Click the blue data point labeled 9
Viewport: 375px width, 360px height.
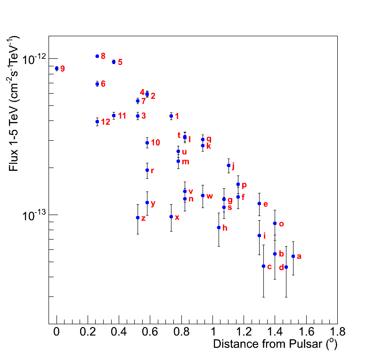click(57, 68)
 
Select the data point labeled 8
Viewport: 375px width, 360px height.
click(97, 56)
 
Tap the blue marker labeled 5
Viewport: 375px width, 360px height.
click(114, 62)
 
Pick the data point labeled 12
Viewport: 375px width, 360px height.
click(97, 121)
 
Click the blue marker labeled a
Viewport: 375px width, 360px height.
click(293, 256)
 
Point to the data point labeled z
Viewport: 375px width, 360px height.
click(138, 217)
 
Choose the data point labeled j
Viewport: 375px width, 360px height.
click(228, 165)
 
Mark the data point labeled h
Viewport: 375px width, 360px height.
click(219, 227)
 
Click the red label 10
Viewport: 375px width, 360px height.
click(155, 143)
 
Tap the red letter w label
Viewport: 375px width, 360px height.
click(210, 196)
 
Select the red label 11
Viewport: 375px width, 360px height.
click(122, 116)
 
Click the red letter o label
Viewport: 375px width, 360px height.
click(281, 224)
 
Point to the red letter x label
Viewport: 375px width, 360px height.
click(177, 217)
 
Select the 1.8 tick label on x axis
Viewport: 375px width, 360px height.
click(337, 331)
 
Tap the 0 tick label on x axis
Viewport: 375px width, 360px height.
click(57, 331)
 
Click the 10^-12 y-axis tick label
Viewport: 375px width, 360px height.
click(33, 58)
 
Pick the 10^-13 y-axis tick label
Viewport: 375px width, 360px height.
click(33, 215)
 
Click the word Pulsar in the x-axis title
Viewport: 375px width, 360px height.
click(306, 344)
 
